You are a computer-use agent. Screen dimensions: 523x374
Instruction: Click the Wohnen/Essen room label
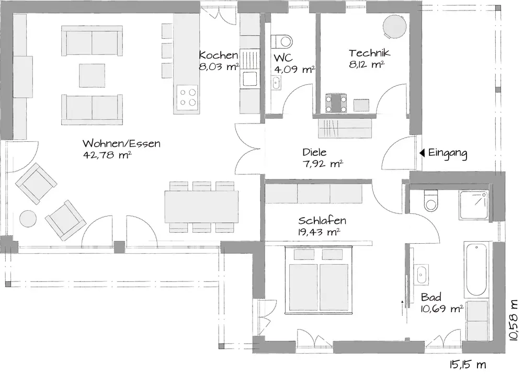pos(121,143)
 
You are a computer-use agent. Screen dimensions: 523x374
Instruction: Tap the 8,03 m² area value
pos(219,66)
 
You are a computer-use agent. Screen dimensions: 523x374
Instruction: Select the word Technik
pos(369,53)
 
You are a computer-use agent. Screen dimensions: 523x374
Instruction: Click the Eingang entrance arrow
pos(422,153)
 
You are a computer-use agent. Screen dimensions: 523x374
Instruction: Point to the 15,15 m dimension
pos(468,365)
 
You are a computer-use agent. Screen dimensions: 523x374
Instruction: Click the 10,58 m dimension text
pos(514,320)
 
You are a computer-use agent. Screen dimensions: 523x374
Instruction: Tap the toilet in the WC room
pos(282,42)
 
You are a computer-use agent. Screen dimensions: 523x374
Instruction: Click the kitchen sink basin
pos(249,79)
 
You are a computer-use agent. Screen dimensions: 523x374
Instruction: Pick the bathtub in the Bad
pos(476,269)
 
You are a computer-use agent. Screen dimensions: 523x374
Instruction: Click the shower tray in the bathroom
pos(473,205)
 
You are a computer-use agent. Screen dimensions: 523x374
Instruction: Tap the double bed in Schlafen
pos(319,280)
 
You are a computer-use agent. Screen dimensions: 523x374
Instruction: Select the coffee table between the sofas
pos(92,76)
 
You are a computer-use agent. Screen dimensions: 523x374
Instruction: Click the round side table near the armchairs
pos(28,219)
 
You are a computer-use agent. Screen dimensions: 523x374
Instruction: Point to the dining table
pos(201,207)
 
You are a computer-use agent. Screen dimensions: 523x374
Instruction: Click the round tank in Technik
pos(394,26)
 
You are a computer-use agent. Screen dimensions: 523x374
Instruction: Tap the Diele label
pos(314,152)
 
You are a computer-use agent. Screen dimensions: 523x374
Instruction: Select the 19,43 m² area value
pos(319,232)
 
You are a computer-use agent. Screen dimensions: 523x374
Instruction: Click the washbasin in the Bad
pos(422,275)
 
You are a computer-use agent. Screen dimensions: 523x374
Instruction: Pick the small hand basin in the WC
pos(276,83)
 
